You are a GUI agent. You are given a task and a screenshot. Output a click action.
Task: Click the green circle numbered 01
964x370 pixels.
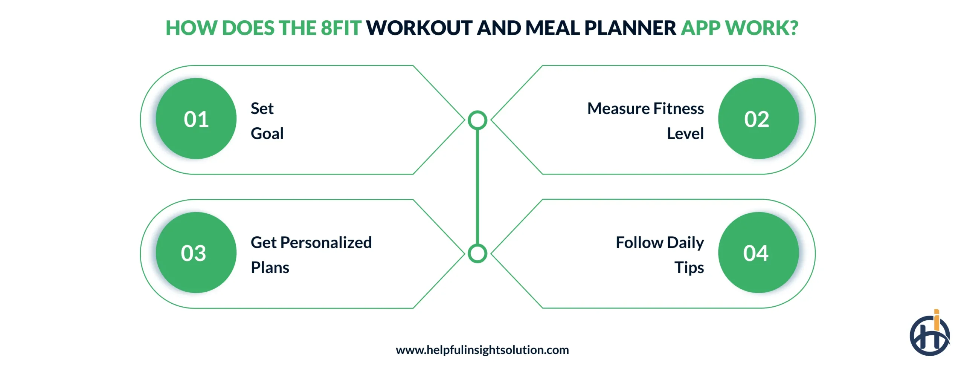[x=196, y=119]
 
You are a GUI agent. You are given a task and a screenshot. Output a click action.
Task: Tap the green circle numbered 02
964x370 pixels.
[x=758, y=119]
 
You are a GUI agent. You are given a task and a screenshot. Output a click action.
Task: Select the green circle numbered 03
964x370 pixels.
[x=196, y=252]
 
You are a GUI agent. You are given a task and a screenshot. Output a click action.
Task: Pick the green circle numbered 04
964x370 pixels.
[x=758, y=252]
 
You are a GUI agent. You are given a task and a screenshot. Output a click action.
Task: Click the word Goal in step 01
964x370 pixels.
[x=267, y=133]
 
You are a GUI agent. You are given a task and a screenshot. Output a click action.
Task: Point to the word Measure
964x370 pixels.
[x=619, y=109]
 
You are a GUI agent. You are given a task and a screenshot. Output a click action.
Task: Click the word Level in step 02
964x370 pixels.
[x=685, y=133]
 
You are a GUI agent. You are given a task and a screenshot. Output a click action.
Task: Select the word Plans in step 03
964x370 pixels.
[x=270, y=268]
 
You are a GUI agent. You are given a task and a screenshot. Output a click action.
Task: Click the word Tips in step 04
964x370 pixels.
[x=689, y=268]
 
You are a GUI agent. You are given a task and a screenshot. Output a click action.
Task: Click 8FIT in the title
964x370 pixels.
[x=341, y=28]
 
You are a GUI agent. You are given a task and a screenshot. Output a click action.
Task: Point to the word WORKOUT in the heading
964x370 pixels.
[x=419, y=28]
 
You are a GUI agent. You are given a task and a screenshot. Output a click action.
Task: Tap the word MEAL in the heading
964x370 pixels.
[x=552, y=28]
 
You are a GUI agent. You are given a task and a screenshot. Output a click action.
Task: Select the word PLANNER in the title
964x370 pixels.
[x=630, y=28]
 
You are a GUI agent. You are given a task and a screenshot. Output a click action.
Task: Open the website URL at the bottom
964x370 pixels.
[x=482, y=350]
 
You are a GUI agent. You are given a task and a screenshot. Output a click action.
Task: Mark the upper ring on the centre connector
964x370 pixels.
[x=477, y=120]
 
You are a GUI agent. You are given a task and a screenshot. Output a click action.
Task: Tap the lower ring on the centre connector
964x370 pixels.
[x=477, y=253]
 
